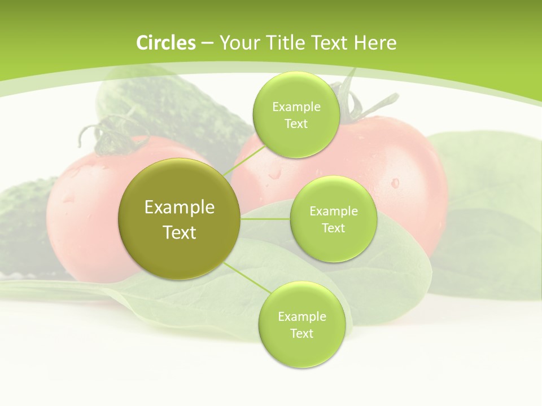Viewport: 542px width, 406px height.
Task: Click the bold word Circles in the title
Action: [x=166, y=43]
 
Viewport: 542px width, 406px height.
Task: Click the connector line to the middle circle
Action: [x=265, y=219]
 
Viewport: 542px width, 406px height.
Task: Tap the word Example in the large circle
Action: [x=180, y=208]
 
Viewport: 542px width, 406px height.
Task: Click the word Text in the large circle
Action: [x=180, y=232]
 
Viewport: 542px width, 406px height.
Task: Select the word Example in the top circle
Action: [x=296, y=107]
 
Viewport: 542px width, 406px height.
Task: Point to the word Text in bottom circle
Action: [x=301, y=333]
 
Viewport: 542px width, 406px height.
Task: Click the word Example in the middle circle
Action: [x=334, y=211]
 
